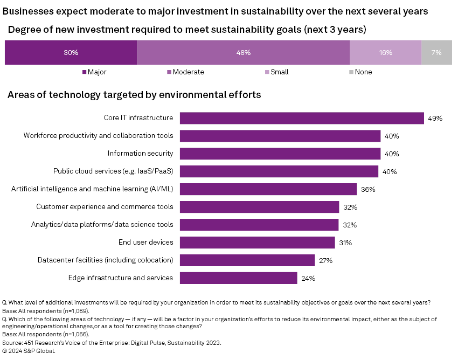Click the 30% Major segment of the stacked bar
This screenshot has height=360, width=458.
pos(71,53)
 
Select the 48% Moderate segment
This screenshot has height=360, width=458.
pos(243,53)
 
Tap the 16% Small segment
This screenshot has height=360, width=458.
pos(385,53)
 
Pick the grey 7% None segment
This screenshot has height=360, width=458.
pos(436,53)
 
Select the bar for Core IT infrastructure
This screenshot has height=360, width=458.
pos(302,118)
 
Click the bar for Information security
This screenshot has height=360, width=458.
pos(280,154)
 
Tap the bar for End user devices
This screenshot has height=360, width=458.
pos(257,243)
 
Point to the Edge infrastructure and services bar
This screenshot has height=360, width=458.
pos(238,278)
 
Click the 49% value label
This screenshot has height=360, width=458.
pos(435,118)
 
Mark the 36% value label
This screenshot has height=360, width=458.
pos(368,190)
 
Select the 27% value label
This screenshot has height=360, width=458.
pos(325,261)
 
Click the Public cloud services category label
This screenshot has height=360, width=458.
pos(113,171)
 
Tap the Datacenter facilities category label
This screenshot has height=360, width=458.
pos(105,260)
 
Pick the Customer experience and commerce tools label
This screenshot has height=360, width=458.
pos(105,207)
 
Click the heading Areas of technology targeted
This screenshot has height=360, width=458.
pos(134,95)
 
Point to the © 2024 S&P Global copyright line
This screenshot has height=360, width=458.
pos(29,350)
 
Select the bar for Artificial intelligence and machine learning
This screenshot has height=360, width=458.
pos(268,189)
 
